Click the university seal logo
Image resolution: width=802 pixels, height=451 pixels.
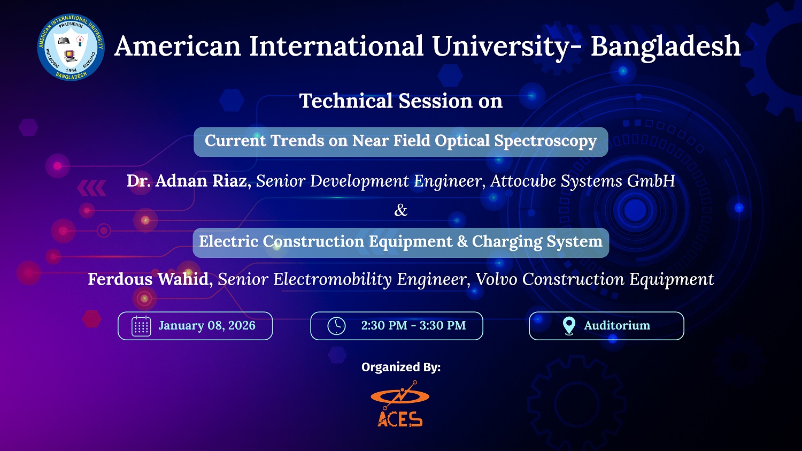click(71, 47)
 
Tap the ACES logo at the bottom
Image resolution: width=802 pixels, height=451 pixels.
click(400, 404)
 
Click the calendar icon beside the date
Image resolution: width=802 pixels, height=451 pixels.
click(141, 326)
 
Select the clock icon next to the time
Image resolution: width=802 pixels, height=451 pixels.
click(336, 326)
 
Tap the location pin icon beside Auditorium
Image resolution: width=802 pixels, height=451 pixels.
click(569, 326)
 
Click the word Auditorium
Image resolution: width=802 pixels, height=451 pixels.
click(617, 325)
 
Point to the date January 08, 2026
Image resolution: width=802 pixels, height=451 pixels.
click(207, 325)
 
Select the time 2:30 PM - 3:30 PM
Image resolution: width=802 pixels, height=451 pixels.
click(413, 325)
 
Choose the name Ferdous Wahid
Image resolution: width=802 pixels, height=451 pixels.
click(148, 279)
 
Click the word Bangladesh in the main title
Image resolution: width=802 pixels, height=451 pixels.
click(665, 46)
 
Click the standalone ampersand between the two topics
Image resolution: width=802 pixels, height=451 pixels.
click(400, 210)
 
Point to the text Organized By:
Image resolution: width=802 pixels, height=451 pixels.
click(400, 367)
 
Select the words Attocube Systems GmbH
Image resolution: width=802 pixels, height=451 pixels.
click(583, 180)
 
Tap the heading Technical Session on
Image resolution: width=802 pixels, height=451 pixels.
click(400, 101)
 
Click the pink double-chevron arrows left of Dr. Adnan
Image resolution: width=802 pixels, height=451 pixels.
click(91, 188)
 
